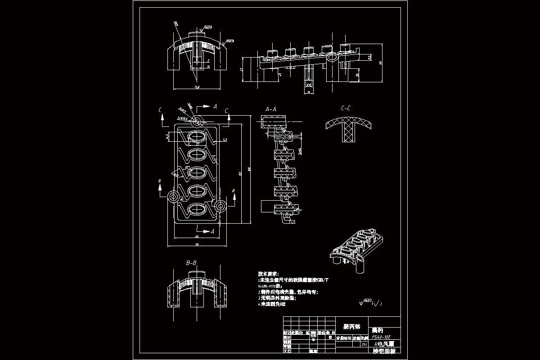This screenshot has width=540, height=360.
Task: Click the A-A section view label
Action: pyautogui.click(x=271, y=109)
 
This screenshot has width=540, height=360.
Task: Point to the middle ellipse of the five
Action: pyautogui.click(x=197, y=173)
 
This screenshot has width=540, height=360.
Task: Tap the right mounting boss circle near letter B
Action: pyautogui.click(x=220, y=206)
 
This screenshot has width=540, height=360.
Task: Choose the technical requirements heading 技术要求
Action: pyautogui.click(x=268, y=274)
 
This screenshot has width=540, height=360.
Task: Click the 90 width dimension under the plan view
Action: pyautogui.click(x=197, y=244)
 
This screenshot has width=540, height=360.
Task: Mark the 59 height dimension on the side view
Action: pyautogui.click(x=381, y=63)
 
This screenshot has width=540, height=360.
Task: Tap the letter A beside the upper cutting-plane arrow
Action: pyautogui.click(x=215, y=106)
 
